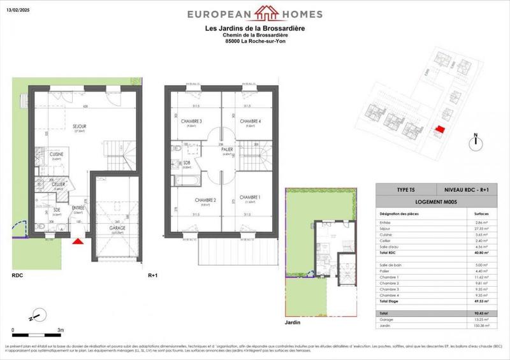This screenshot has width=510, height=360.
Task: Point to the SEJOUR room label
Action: [x=79, y=126]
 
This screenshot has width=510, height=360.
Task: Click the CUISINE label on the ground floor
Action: [x=56, y=154]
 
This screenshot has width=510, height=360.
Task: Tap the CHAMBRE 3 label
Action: [x=191, y=122]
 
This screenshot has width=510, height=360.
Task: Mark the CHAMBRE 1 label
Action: [x=250, y=198]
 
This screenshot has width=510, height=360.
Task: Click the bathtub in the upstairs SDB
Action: [x=186, y=175]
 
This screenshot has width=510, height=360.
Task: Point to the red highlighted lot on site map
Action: [x=438, y=129]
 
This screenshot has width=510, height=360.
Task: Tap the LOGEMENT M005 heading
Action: [x=437, y=202]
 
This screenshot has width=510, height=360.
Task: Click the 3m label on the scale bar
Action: [x=60, y=330]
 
